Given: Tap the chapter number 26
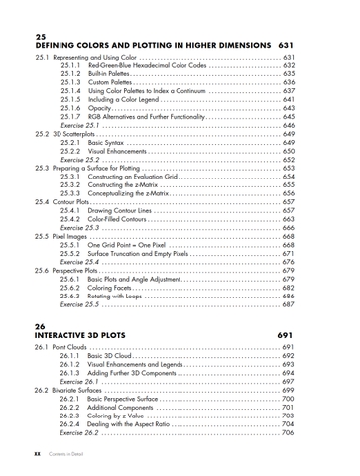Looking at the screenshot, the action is [41, 326].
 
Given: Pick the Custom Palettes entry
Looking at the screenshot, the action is [110, 82].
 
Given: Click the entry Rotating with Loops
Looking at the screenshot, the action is [119, 297].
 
